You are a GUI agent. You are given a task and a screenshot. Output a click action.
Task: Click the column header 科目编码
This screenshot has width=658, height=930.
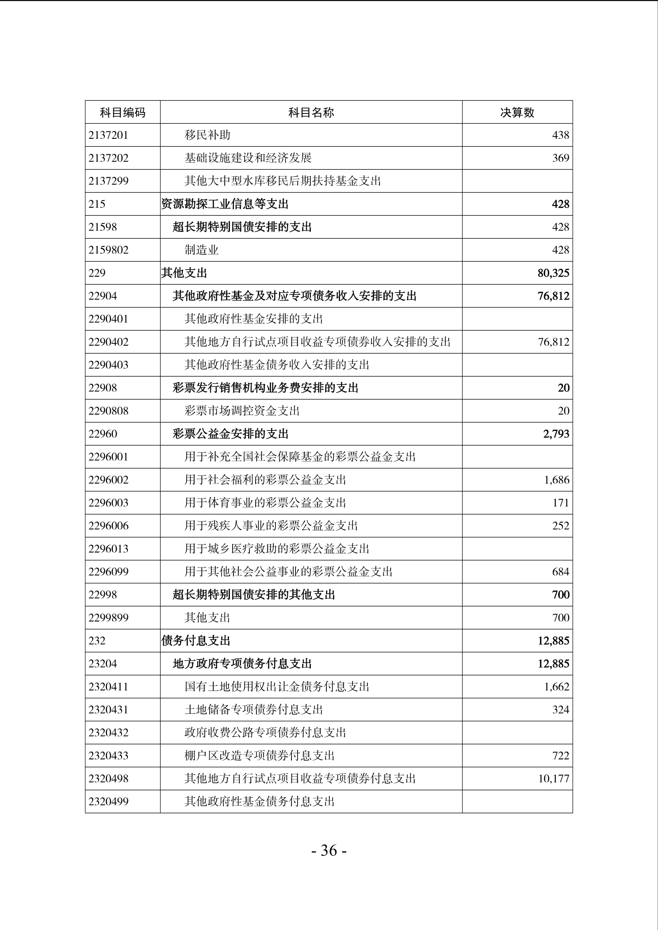(122, 112)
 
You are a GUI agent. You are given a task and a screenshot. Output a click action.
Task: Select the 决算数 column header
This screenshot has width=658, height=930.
(517, 112)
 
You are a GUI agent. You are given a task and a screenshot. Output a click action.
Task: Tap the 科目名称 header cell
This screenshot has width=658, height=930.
(311, 112)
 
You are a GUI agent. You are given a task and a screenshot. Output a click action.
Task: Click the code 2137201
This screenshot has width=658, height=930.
(108, 135)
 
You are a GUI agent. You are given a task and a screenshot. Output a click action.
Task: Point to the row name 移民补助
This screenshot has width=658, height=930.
(207, 135)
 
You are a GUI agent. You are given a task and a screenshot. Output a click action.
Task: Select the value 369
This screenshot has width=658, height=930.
(560, 158)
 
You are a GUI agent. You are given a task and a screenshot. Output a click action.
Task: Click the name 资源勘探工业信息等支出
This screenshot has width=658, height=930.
(225, 204)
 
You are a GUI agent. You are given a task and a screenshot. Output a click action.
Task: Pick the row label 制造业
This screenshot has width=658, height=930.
(202, 250)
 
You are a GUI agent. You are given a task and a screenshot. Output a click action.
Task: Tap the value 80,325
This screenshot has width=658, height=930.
(553, 273)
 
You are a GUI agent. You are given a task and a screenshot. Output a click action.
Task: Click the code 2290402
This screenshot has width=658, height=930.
(108, 342)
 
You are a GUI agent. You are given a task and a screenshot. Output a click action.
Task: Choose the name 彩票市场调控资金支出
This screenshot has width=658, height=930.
(242, 411)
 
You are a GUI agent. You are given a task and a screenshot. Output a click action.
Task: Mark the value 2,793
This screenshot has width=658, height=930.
(556, 434)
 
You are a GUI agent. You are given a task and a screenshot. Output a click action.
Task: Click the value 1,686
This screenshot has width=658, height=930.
(556, 480)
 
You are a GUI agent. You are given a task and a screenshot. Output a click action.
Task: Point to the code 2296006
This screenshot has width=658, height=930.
(108, 526)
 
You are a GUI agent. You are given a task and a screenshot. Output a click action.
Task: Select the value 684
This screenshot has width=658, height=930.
(560, 572)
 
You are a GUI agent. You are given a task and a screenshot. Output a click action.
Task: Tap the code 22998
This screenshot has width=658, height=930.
(103, 595)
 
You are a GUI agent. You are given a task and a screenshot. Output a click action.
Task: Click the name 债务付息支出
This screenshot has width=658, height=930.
(196, 641)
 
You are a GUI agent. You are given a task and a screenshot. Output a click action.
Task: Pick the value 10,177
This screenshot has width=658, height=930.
(553, 779)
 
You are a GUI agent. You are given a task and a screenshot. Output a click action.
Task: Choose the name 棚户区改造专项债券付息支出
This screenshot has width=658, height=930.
(259, 756)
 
